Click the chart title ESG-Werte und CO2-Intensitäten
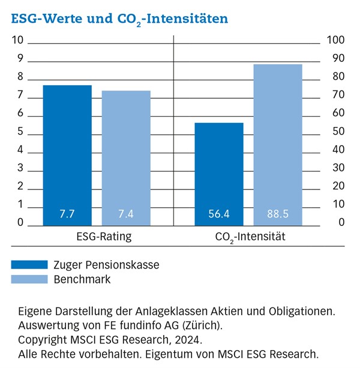[119, 19]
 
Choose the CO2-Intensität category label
[250, 237]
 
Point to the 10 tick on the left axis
[17, 41]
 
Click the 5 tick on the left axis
[20, 132]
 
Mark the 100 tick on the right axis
[335, 41]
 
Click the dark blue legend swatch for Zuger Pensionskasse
[29, 264]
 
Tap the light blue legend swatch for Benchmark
[29, 279]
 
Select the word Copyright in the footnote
[42, 340]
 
